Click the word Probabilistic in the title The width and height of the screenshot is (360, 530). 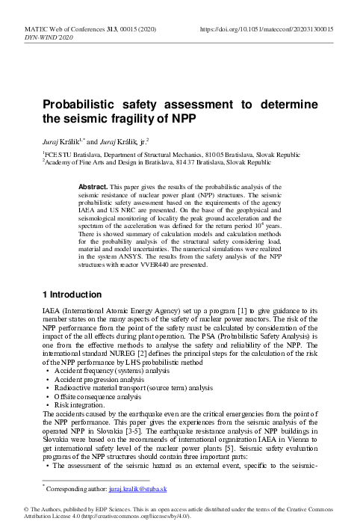coord(83,104)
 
